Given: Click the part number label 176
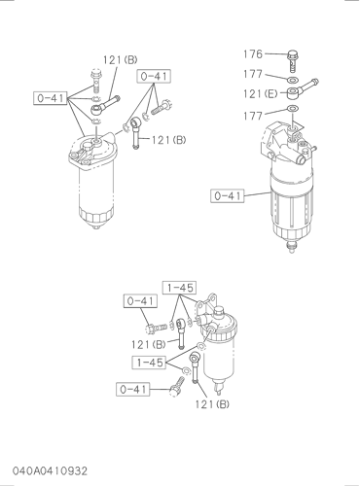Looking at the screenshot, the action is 253,53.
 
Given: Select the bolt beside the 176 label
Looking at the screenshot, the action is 293,61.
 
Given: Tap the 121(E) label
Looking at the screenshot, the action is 261,94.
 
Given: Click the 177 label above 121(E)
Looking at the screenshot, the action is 253,74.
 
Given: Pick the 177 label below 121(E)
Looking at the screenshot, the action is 253,116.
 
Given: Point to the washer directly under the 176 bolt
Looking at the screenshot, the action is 293,80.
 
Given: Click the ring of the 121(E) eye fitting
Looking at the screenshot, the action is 293,94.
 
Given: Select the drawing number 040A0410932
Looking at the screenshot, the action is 50,470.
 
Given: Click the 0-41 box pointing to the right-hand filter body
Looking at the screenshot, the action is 228,195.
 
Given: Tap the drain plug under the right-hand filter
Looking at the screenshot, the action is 292,247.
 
